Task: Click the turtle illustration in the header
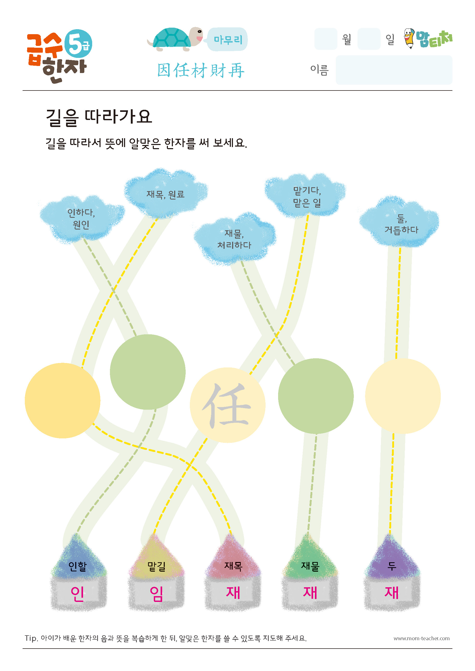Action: point(175,39)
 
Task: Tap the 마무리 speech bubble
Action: point(227,39)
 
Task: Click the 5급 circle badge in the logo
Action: point(78,44)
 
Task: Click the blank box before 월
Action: point(326,39)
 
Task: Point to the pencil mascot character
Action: point(409,38)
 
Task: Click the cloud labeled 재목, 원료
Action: point(166,193)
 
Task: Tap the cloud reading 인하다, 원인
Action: point(82,219)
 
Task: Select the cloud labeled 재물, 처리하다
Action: point(234,239)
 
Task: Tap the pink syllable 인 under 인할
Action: point(78,594)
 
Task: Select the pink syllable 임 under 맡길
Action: point(157,594)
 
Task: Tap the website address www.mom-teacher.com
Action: point(421,638)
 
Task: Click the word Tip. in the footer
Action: point(31,638)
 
